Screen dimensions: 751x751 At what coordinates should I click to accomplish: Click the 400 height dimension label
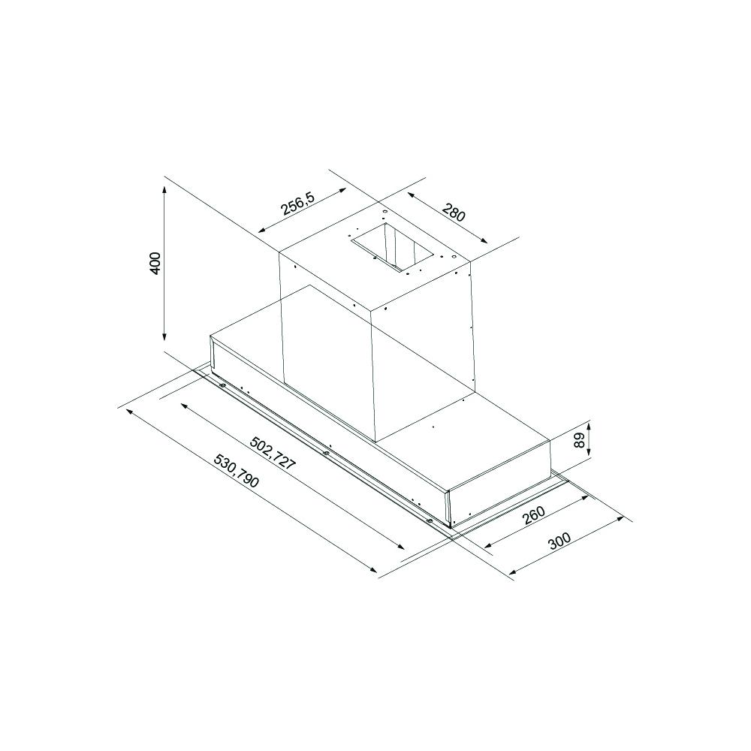tap(154, 263)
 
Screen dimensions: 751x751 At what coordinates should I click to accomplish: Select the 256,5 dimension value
tap(297, 204)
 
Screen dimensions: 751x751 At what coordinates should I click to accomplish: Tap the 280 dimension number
tap(453, 213)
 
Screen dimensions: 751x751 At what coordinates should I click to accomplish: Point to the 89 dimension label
tap(580, 439)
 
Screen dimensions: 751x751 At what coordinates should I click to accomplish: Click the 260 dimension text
tap(533, 515)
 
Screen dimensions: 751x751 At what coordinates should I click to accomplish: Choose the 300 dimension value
tap(559, 541)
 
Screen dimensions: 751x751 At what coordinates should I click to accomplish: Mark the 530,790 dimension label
tap(236, 472)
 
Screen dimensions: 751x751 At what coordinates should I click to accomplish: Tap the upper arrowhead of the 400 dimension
tap(164, 190)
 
